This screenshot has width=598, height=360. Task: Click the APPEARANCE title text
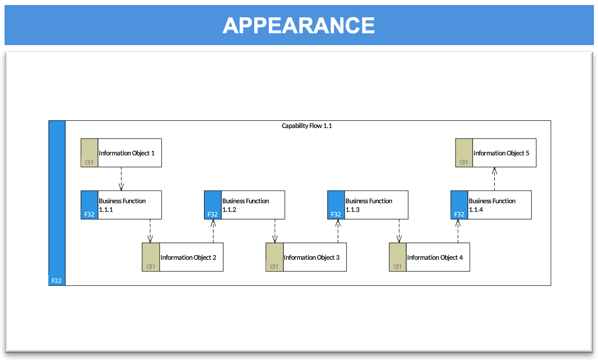(x=299, y=26)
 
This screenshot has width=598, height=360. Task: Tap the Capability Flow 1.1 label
(x=307, y=126)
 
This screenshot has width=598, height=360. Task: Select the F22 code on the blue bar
(x=56, y=281)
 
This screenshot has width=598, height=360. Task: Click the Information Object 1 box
(x=121, y=153)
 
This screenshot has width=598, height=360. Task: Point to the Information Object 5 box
(x=496, y=153)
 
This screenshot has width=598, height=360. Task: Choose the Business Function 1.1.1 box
(x=121, y=205)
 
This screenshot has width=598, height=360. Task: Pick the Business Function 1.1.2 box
(x=245, y=205)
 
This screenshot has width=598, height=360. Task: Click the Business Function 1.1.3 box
(x=368, y=205)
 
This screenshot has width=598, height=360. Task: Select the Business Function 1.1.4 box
(x=491, y=205)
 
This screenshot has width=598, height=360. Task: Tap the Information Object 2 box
(x=183, y=257)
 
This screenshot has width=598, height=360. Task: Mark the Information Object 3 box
(x=306, y=257)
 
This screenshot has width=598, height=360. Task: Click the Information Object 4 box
(x=429, y=257)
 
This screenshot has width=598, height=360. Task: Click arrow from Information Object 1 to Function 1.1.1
(x=121, y=179)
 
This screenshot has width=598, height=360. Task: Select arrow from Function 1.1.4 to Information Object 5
(x=495, y=179)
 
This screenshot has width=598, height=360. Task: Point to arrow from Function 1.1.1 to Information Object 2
(x=150, y=231)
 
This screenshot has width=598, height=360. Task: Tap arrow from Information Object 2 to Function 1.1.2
(x=213, y=231)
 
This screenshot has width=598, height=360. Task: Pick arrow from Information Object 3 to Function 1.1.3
(x=337, y=231)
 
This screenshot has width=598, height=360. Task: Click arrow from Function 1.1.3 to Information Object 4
(x=399, y=231)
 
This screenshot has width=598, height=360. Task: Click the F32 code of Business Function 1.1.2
(x=213, y=214)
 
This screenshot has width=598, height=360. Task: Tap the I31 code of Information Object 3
(x=274, y=266)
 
